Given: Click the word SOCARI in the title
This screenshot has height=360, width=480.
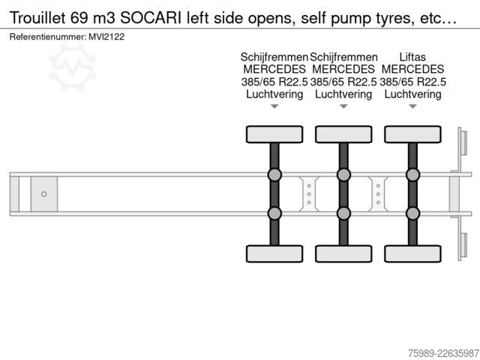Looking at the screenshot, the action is pyautogui.click(x=151, y=18).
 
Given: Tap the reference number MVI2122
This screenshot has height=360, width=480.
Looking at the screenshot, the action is pyautogui.click(x=106, y=37).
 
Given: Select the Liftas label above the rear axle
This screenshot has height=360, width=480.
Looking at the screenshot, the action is pyautogui.click(x=412, y=57).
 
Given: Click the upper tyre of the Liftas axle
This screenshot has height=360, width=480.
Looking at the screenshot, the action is pyautogui.click(x=412, y=134).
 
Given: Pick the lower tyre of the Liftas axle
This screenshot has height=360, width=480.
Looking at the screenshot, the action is pyautogui.click(x=412, y=253).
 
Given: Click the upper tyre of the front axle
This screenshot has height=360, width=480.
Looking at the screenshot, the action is pyautogui.click(x=274, y=134).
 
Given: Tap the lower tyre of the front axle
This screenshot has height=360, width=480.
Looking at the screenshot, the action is pyautogui.click(x=274, y=253).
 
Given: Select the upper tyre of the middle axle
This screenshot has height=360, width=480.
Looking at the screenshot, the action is pyautogui.click(x=343, y=134).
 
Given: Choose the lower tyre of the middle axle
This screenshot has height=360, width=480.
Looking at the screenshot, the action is pyautogui.click(x=343, y=253).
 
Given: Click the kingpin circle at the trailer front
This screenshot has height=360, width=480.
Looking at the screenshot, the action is pyautogui.click(x=44, y=194).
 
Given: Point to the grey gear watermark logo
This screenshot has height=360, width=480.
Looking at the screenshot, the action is pyautogui.click(x=73, y=67).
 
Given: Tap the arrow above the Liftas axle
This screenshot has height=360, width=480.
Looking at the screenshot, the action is pyautogui.click(x=412, y=106).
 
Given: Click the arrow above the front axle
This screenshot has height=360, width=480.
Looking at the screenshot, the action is pyautogui.click(x=274, y=106).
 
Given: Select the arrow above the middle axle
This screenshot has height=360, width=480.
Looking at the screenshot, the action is pyautogui.click(x=343, y=106).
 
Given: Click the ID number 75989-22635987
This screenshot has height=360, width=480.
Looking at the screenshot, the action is pyautogui.click(x=443, y=353).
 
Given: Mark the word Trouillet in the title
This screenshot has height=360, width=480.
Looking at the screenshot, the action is pyautogui.click(x=37, y=18).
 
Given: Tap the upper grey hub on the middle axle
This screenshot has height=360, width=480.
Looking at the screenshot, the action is pyautogui.click(x=343, y=175).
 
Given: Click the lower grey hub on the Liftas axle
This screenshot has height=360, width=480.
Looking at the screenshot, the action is pyautogui.click(x=412, y=213).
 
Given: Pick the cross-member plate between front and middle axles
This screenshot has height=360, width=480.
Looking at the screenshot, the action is pyautogui.click(x=309, y=194).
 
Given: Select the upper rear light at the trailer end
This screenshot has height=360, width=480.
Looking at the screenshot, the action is pyautogui.click(x=464, y=143).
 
